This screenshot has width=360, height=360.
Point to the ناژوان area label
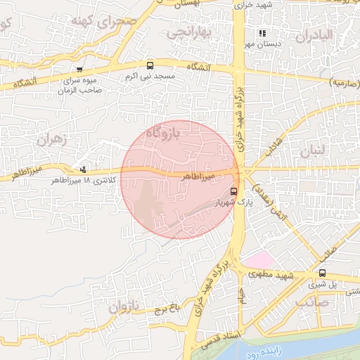tap(124, 307)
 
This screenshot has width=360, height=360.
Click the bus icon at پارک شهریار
tap(234, 191)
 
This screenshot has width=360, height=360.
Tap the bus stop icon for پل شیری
tap(322, 273)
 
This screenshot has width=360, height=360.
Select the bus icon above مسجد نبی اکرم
tap(148, 65)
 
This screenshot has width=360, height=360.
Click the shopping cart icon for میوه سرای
tap(79, 70)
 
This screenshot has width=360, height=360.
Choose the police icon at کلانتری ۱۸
tap(84, 169)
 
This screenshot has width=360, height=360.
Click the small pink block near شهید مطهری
tap(258, 259)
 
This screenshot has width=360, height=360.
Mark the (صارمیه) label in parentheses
tap(345, 82)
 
